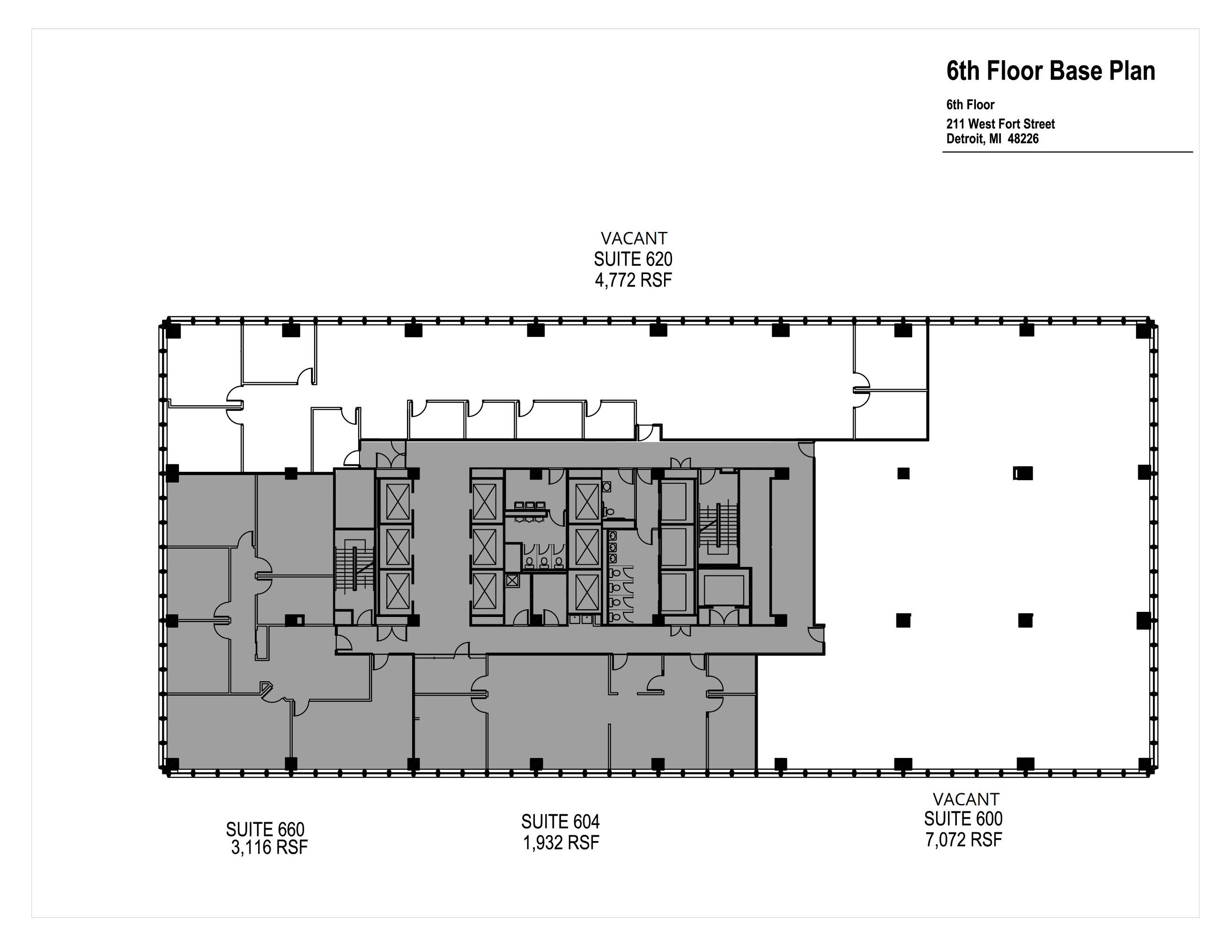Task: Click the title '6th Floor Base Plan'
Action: tap(1050, 71)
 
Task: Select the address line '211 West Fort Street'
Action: tap(1000, 124)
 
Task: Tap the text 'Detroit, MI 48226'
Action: tap(992, 138)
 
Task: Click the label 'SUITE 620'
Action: tap(633, 259)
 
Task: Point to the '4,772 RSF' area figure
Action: tap(633, 280)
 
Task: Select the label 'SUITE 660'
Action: tap(265, 829)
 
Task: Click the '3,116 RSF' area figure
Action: tap(269, 848)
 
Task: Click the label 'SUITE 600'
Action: tap(963, 819)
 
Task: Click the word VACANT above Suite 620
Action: tap(634, 238)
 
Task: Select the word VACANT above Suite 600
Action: tap(966, 799)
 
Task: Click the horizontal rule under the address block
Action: tap(1067, 151)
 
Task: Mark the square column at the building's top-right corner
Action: tap(1143, 330)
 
